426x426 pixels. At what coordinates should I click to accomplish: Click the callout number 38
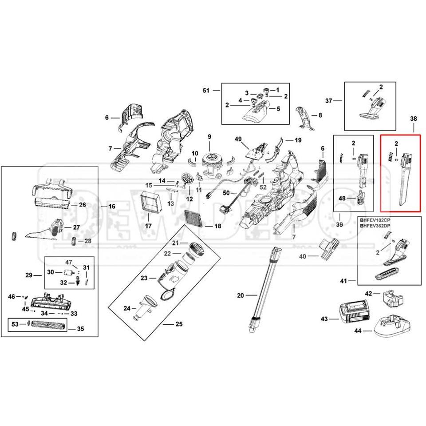[x=414, y=119]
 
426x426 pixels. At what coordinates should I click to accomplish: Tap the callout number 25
[x=179, y=324]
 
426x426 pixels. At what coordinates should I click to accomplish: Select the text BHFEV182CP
[x=375, y=220]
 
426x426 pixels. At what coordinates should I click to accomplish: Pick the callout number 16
[x=111, y=207]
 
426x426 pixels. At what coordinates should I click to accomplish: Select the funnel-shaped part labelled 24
[x=143, y=306]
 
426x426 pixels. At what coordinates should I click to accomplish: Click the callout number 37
[x=329, y=101]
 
